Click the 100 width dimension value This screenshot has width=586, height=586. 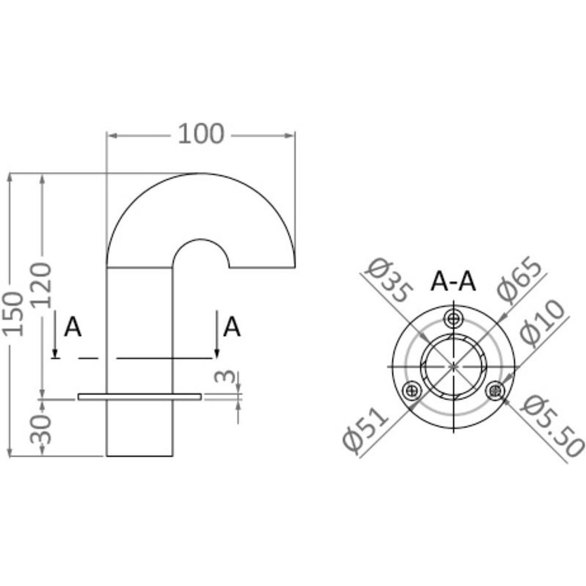pyautogui.click(x=201, y=134)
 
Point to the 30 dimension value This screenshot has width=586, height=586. pyautogui.click(x=42, y=429)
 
